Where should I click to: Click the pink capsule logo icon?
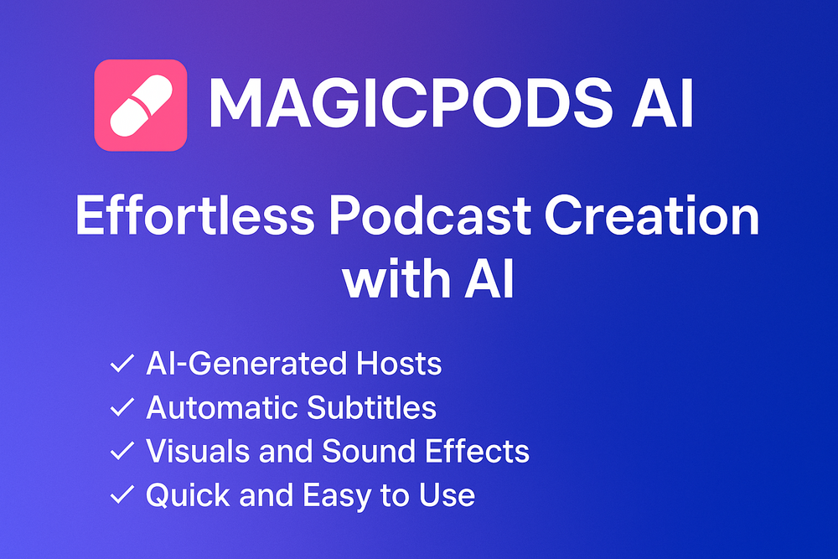[x=141, y=106]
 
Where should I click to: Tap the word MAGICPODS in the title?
[x=411, y=102]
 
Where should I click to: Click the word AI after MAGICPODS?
[x=662, y=102]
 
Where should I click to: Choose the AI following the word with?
[x=489, y=278]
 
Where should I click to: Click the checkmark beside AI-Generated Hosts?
[x=122, y=364]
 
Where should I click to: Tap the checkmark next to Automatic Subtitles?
[x=122, y=407]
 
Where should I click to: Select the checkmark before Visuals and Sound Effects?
[x=122, y=451]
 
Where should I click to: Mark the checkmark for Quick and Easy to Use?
[x=122, y=494]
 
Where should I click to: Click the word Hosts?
[x=399, y=364]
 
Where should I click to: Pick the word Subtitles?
[x=371, y=407]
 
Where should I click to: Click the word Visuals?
[x=198, y=451]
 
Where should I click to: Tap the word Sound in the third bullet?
[x=368, y=451]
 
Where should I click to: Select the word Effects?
[x=478, y=451]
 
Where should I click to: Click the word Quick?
[x=188, y=494]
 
